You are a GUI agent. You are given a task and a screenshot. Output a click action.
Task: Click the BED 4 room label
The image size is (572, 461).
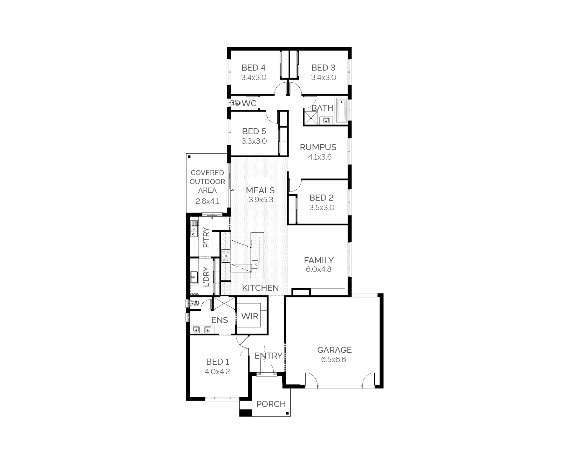coord(253,68)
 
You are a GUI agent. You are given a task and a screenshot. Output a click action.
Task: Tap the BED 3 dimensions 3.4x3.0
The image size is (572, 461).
coord(323,78)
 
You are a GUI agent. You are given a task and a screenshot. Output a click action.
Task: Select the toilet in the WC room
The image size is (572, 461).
coord(236,103)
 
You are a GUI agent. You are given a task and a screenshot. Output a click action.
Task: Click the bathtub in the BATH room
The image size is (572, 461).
coord(341,111)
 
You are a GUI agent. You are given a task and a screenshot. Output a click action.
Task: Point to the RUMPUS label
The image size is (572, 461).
coord(318,147)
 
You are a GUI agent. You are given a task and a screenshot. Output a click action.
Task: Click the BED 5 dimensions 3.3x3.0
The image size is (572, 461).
coord(254,141)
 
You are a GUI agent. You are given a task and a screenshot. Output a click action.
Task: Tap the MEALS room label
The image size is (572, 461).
coord(260,190)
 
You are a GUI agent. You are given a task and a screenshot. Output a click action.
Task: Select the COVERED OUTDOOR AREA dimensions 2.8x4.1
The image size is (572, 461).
coord(208,201)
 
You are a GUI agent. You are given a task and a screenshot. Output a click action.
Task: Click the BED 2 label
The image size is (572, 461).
coord(322,198)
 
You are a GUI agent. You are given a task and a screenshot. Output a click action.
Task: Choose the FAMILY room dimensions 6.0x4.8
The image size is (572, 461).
coord(319,269)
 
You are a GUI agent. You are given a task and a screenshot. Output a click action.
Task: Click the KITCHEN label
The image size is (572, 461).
coord(260,288)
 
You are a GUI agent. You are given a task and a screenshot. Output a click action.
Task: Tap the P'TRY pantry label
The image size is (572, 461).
coord(206,237)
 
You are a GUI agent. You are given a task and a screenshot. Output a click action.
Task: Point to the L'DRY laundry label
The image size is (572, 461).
coord(206,277)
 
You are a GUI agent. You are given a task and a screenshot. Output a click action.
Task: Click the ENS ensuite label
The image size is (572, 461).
coord(220,320)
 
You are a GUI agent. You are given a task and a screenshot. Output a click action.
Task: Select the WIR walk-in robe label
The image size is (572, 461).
coord(250,316)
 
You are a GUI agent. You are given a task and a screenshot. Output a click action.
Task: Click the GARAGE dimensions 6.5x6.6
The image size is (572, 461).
coord(333,360)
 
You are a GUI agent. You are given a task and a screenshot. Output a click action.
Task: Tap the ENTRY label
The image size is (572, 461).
coord(269,356)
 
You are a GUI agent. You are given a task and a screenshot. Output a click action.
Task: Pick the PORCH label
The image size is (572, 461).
coord(271,404)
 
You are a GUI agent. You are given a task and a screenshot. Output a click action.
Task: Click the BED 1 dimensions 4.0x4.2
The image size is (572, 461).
coord(217,372)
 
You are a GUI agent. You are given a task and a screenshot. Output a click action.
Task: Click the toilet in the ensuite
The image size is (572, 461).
coord(195,303)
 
